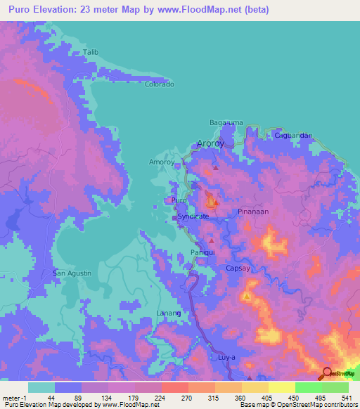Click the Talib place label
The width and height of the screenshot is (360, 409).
(89, 52)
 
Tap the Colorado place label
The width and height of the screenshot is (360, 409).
(159, 84)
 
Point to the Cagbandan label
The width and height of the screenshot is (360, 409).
(292, 134)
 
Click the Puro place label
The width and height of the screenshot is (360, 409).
(179, 200)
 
